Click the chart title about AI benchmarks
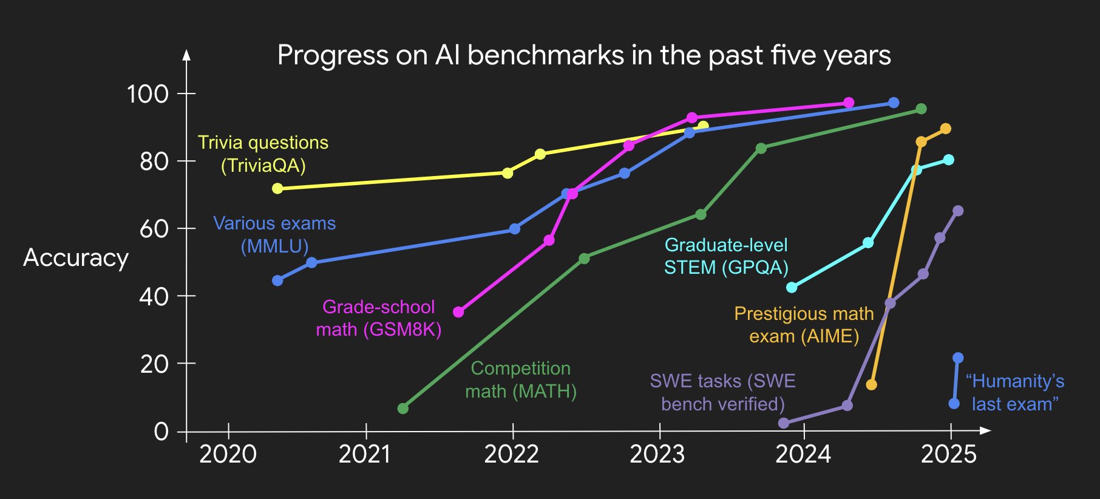pos(583,55)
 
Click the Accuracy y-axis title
pos(76,258)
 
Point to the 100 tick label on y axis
pos(148,94)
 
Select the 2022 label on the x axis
pos(511,454)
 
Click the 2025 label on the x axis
pos(948,454)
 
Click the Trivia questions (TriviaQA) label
pos(263,154)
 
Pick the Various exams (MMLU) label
pos(274,234)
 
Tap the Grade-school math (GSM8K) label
pos(379,318)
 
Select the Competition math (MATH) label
pos(521,379)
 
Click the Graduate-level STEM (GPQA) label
pos(726,256)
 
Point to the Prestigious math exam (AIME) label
pos(804,325)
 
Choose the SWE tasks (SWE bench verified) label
pos(722,392)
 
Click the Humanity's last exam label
pos(1015,392)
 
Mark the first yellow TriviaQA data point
pos(277,189)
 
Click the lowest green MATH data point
pos(402,409)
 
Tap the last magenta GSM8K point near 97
pos(849,103)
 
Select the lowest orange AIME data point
pos(871,385)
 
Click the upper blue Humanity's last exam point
pos(958,358)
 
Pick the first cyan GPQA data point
pos(792,287)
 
